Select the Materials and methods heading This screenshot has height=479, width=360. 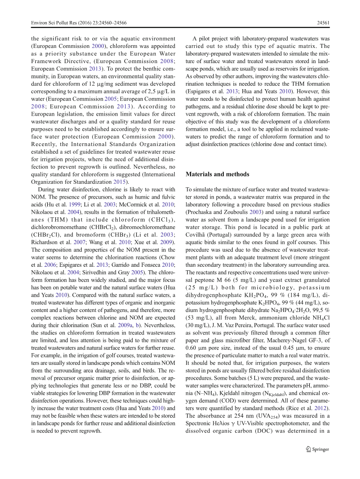217,174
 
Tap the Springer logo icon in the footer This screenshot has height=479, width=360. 309,449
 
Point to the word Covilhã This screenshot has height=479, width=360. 196,234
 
